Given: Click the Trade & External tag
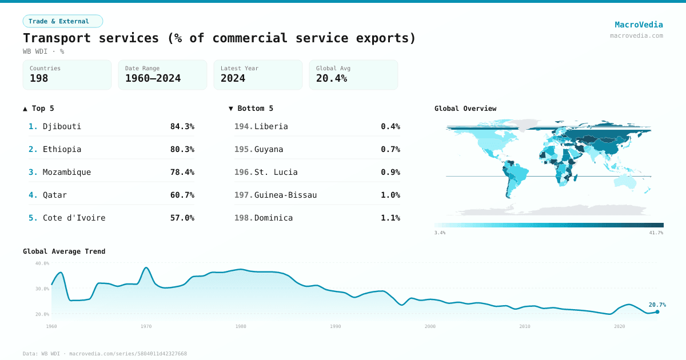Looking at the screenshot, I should coord(62,21).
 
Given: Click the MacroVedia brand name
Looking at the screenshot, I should coord(639,25).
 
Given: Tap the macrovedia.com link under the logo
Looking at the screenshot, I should coord(636,35).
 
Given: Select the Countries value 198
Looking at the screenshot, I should coord(39,78).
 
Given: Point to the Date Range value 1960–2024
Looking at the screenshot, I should coord(153,78).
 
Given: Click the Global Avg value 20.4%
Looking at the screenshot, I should coord(332,78).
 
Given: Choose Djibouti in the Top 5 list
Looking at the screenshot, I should coord(62,126).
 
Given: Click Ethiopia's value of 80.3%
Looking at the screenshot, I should coord(182,149).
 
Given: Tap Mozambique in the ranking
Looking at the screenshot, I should coord(66,172).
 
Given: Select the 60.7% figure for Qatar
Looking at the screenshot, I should coord(182,195).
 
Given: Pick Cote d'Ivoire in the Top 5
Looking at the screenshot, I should coord(74,218).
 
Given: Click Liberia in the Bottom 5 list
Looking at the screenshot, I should coord(271,126).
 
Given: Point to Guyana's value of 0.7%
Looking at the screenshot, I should coord(390,149).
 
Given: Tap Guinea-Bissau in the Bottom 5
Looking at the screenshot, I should coord(285,195).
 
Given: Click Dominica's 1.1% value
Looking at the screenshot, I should coord(390,218).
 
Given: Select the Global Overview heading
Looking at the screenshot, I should coord(465,109).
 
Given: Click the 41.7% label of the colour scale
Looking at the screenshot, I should coord(656,233).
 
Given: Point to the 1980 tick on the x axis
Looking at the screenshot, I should coord(241,326).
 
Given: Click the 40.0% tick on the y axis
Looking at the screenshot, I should coord(42,263).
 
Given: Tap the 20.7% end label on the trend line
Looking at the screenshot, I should coord(657,305).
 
